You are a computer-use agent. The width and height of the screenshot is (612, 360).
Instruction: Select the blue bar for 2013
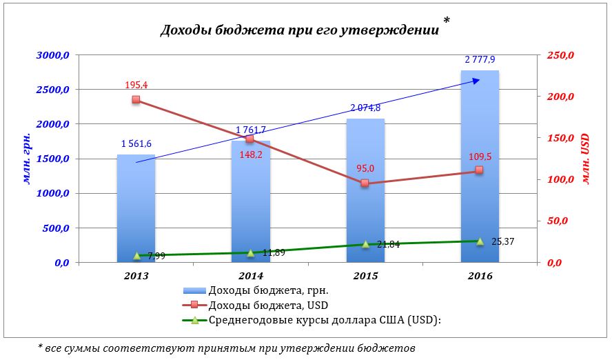tap(136, 207)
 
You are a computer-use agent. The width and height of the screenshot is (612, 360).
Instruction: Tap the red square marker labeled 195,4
tap(136, 100)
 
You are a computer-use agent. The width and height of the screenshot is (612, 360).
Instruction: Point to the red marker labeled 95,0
tap(365, 183)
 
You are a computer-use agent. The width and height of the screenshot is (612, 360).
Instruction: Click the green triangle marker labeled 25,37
tap(480, 241)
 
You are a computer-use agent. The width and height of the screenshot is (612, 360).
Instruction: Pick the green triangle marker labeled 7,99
tap(136, 256)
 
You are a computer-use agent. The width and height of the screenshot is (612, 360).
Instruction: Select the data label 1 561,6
tap(136, 143)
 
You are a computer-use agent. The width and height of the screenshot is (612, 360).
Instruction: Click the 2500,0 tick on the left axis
tap(51, 90)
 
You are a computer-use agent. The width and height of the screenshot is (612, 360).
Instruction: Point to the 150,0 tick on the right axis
tap(559, 138)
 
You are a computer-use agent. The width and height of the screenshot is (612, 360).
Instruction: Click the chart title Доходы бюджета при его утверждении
tap(299, 30)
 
